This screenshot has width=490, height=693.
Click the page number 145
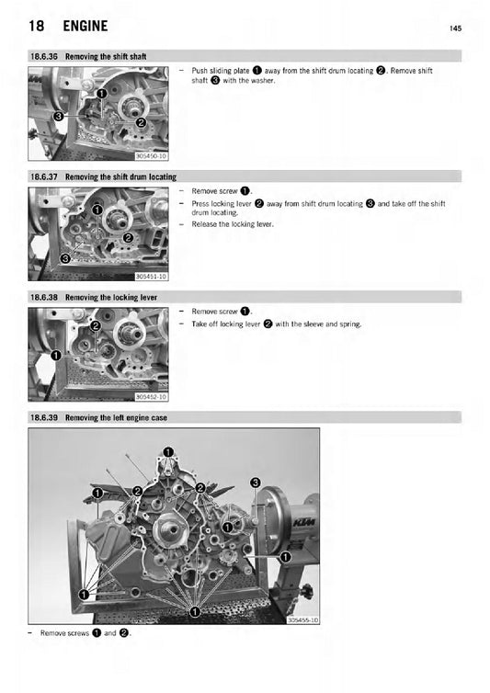tap(455, 29)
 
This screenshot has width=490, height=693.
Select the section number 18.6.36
tap(44, 56)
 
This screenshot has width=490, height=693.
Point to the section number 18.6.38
tap(44, 298)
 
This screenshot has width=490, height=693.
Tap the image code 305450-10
tap(151, 156)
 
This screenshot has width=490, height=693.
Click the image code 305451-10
tap(151, 276)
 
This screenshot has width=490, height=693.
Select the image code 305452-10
tap(151, 396)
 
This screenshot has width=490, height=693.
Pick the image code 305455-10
tap(302, 620)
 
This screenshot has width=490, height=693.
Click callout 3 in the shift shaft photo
tap(58, 117)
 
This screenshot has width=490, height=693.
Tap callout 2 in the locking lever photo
tap(95, 326)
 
